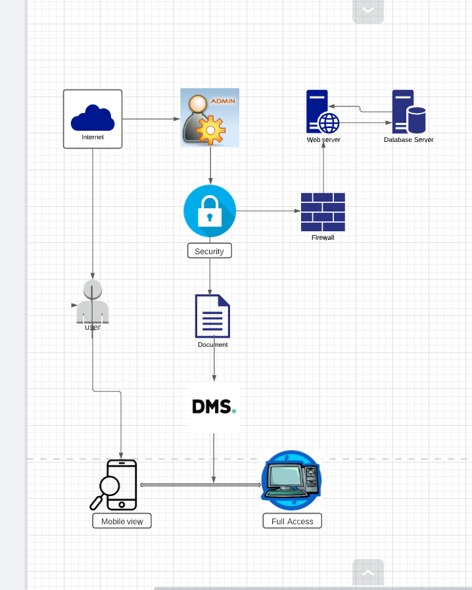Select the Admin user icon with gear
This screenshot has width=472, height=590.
pos(210,117)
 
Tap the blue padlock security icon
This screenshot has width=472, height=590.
pos(210,211)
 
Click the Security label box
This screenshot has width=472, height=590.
pos(210,251)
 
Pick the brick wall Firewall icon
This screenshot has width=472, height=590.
pos(323,212)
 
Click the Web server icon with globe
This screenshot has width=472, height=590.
pos(322,112)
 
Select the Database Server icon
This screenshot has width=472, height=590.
pos(408,112)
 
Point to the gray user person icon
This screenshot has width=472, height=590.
pos(93,302)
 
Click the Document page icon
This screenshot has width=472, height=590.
pos(212,316)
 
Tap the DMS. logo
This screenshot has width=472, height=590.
pos(214,407)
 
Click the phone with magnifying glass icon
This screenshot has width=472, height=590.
pos(114,485)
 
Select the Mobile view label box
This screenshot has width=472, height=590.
pos(122,521)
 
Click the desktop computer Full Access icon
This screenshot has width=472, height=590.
pos(292,480)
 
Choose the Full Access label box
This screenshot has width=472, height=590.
pos(293,521)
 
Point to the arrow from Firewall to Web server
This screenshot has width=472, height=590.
pos(323,168)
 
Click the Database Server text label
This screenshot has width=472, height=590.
pos(408,139)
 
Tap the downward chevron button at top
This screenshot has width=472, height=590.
pos(368,11)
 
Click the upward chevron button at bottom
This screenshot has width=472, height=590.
pos(368,572)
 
